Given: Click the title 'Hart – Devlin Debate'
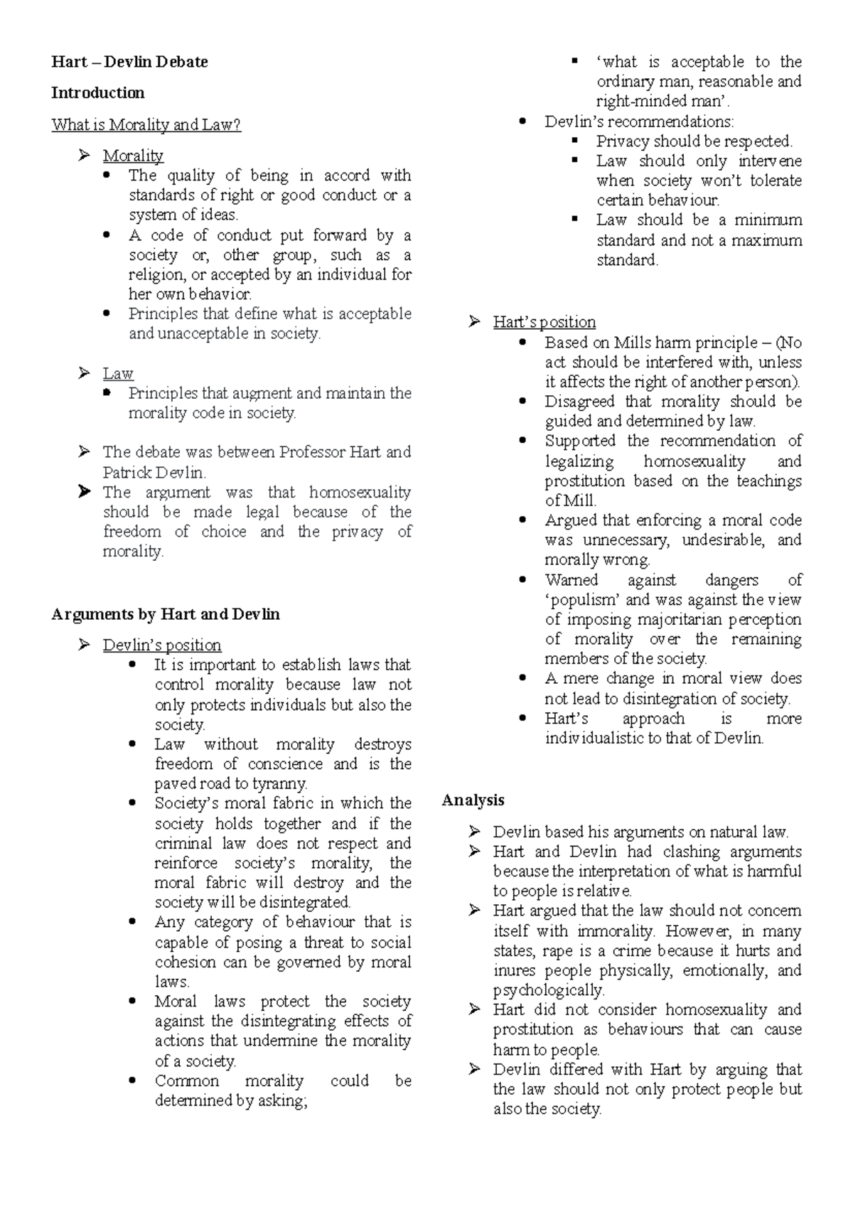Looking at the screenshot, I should coord(129,62).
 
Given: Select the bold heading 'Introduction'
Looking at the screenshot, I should coord(97,93).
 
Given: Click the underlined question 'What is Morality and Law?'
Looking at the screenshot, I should coord(146,125).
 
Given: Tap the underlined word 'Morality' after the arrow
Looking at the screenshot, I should coord(133,156).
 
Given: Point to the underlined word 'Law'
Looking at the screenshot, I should coord(118,373).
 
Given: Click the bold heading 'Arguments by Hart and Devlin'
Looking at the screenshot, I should coord(166,614).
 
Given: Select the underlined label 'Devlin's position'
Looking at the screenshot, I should coord(162,645).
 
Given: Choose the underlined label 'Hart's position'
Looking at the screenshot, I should coord(544,322).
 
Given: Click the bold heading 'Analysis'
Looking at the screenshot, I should coord(473,800).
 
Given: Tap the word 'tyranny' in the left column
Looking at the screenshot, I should coord(280,784).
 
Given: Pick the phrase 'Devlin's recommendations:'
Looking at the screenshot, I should coord(639,122).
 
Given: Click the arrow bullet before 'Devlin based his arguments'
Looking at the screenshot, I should coord(475,832).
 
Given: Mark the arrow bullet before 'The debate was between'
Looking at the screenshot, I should coord(85,451).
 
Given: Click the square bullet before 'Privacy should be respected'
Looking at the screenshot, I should coord(575,140).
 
